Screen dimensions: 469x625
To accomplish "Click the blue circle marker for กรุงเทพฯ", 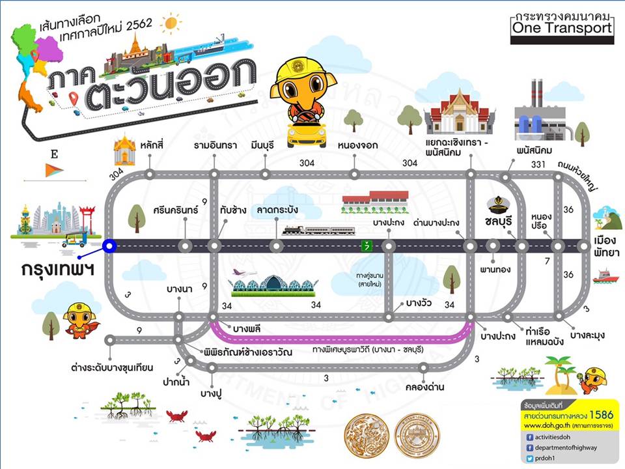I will click(x=109, y=246).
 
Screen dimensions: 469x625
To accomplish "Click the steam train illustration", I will click(x=319, y=230).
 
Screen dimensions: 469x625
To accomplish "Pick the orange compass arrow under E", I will click(x=54, y=171).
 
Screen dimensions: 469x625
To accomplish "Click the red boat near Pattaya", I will click(x=605, y=276).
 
